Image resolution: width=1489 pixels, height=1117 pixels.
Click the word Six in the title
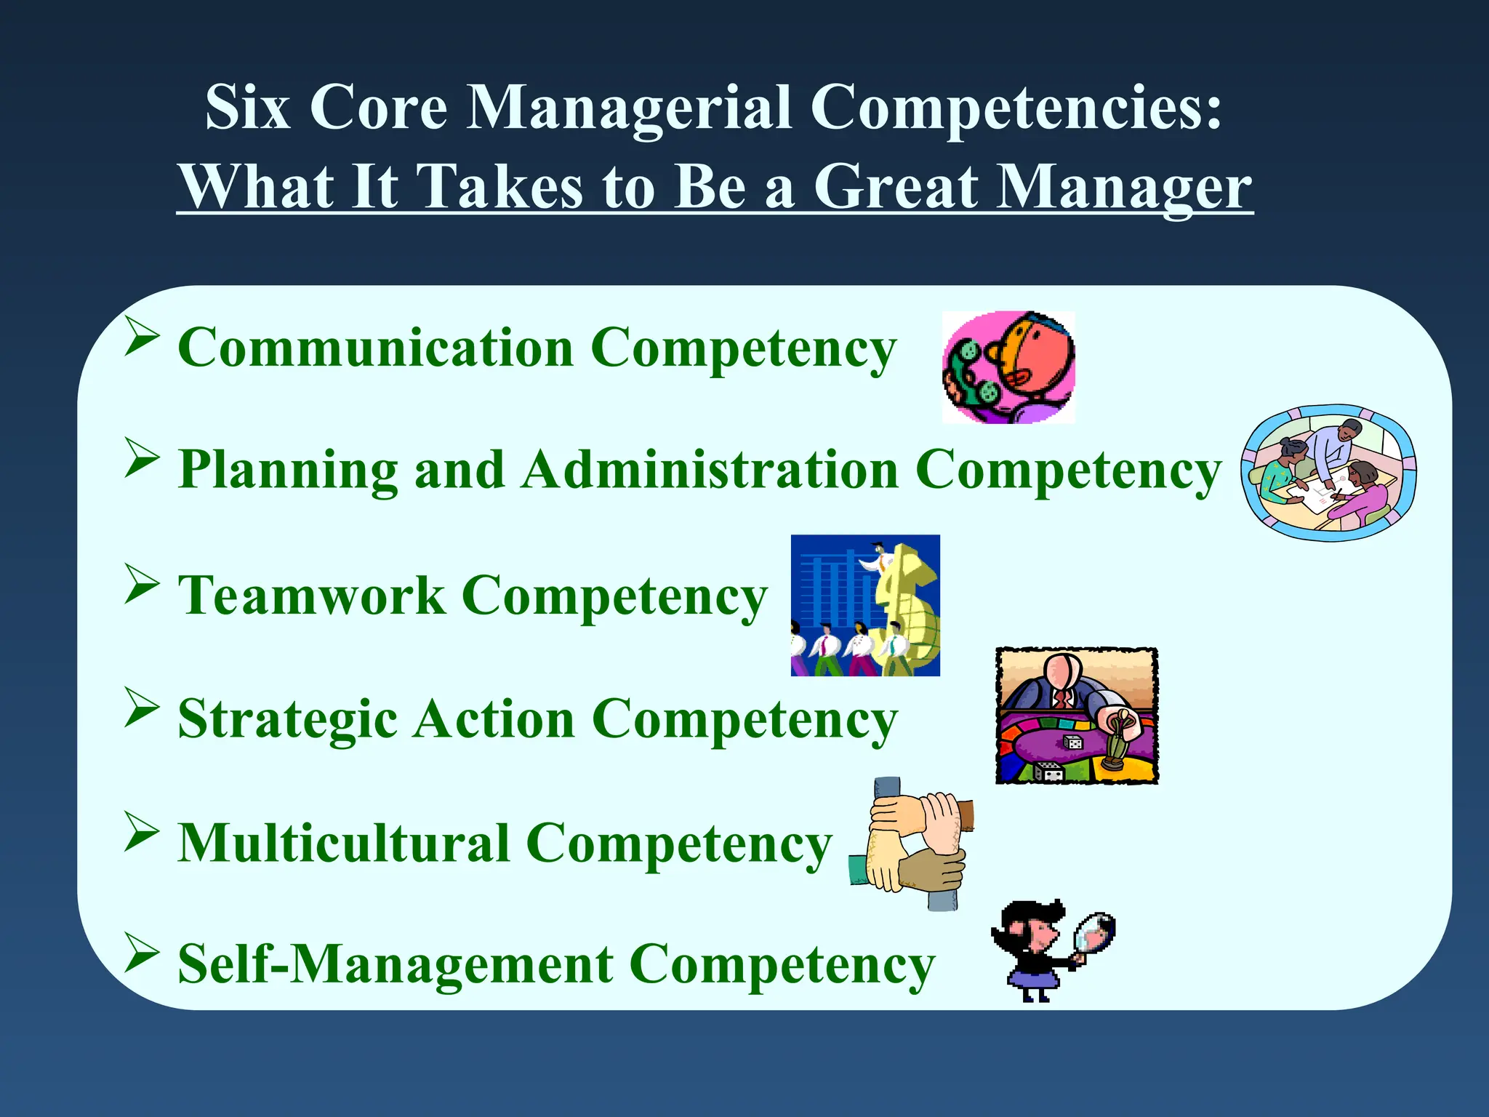pos(247,108)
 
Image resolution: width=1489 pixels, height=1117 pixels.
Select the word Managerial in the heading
pos(628,108)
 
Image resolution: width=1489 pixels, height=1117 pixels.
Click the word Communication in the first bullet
pos(375,348)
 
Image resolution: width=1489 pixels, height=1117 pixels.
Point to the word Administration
pos(711,470)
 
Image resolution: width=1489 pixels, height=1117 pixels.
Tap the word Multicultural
pos(343,844)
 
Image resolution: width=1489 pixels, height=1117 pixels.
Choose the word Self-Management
pos(396,964)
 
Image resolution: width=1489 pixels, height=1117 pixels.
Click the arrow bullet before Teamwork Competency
pos(141,583)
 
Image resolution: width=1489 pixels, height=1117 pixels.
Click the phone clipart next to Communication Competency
pos(1008,368)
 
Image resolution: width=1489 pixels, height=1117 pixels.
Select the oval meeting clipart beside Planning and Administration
pos(1328,473)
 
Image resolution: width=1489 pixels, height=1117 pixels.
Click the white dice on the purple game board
pos(1073,742)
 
